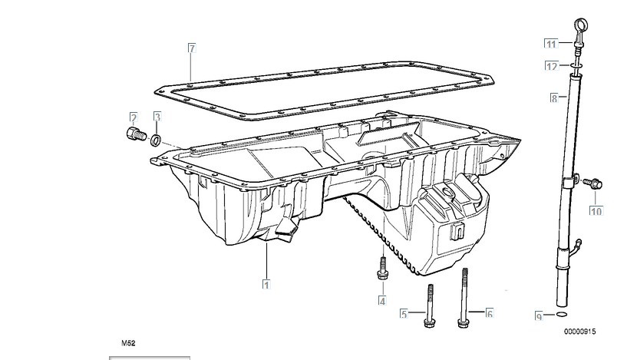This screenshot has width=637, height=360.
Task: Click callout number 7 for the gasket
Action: point(192,48)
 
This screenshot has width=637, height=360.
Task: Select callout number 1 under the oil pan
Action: point(266,285)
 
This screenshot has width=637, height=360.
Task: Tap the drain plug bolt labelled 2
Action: point(136,134)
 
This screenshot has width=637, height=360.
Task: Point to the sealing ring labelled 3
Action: point(156,140)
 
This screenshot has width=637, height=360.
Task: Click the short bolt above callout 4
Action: point(382,268)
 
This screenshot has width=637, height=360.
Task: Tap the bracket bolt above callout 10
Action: point(592,183)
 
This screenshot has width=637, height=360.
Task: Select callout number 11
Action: point(551,44)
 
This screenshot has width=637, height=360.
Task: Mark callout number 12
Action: point(551,65)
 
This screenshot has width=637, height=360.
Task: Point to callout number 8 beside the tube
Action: point(554,98)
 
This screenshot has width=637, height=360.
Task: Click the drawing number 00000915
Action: point(579,332)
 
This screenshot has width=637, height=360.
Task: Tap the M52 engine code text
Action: point(128,343)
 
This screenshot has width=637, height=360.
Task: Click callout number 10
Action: point(596,211)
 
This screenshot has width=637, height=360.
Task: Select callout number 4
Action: point(382,301)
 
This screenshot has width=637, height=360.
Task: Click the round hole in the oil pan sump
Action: point(447,192)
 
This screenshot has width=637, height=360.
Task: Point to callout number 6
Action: point(490,313)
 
